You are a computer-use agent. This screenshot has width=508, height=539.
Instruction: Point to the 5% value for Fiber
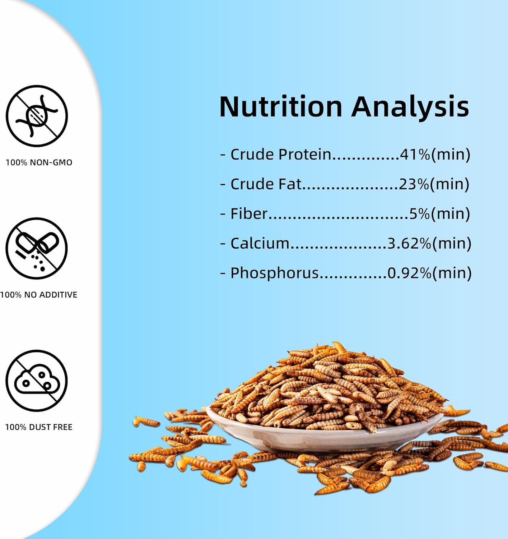click(x=420, y=213)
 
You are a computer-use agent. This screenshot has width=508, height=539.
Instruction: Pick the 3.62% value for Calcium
click(x=409, y=243)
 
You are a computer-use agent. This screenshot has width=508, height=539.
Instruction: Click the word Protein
click(x=305, y=154)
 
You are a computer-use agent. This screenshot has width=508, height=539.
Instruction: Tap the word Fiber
click(x=249, y=213)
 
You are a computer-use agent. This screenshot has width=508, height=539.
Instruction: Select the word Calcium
click(x=260, y=243)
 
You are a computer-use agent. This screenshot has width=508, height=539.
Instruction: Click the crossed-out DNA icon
click(x=37, y=116)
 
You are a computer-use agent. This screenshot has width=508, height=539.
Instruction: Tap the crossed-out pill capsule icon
click(x=37, y=248)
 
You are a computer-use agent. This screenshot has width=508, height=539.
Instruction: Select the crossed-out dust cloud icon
click(x=37, y=381)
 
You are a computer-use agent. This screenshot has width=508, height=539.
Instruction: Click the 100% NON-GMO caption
click(x=39, y=162)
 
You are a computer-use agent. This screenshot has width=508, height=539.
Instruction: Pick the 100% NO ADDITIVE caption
click(x=39, y=295)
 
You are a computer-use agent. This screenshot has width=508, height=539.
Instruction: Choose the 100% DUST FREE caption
click(x=39, y=427)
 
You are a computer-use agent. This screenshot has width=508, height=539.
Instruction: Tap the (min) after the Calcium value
click(x=452, y=243)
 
